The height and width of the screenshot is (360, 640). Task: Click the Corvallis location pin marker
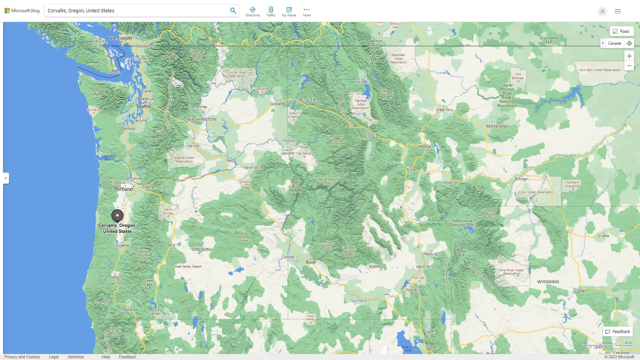[117, 215]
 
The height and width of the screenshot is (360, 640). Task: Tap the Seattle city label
[143, 106]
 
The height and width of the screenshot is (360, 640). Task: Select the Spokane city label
[277, 104]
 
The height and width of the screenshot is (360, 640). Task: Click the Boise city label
[311, 262]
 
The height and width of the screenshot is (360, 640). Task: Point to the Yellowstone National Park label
[462, 223]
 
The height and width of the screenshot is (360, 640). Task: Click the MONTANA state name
[497, 126]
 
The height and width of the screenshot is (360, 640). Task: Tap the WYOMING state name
[548, 282]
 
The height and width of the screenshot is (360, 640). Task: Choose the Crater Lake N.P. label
[148, 284]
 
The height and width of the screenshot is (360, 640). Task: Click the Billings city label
[521, 179]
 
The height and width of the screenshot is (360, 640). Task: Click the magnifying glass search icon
[233, 11]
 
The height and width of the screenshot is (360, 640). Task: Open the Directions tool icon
[252, 11]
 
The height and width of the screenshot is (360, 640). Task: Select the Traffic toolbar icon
[271, 11]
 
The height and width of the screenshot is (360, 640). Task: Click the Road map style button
[621, 31]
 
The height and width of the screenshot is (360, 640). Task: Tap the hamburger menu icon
[617, 11]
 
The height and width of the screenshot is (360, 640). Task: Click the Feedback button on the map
[618, 331]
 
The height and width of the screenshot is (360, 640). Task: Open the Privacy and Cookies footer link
[22, 357]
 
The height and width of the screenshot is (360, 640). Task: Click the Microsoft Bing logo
[22, 11]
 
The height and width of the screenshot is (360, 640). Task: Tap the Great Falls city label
[444, 110]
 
